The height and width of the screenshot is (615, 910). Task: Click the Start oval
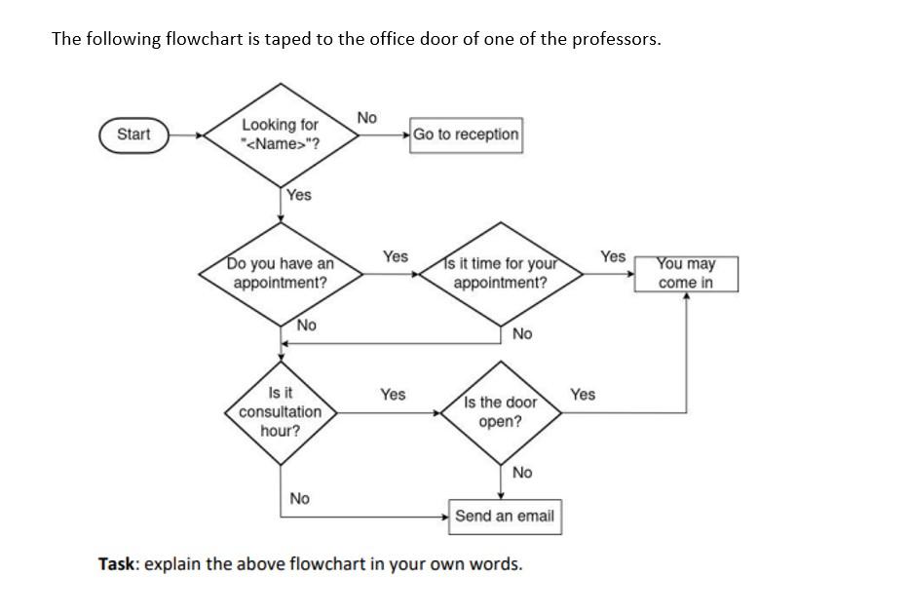[133, 135]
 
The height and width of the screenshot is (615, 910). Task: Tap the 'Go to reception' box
[466, 135]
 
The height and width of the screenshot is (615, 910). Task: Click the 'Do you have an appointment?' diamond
[281, 273]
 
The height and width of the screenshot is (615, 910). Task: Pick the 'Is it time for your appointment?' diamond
[500, 273]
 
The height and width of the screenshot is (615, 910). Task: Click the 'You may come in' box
[685, 273]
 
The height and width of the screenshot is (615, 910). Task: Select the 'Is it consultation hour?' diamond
[281, 411]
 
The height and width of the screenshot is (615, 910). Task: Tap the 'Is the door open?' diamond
[500, 412]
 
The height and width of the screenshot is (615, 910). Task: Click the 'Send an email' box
[504, 516]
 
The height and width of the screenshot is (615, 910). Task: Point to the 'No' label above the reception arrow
[366, 117]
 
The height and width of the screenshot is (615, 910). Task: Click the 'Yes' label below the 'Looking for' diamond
[299, 195]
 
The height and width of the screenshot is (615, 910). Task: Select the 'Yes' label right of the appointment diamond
[395, 256]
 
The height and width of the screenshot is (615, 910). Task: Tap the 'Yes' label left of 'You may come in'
[613, 256]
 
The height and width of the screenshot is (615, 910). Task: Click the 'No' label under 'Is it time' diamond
[522, 334]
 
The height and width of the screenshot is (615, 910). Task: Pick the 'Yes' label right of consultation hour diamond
[393, 395]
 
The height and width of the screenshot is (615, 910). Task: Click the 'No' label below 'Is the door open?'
[522, 473]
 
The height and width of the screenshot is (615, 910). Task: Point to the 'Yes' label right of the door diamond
[583, 395]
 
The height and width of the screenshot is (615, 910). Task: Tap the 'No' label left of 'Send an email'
[299, 499]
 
